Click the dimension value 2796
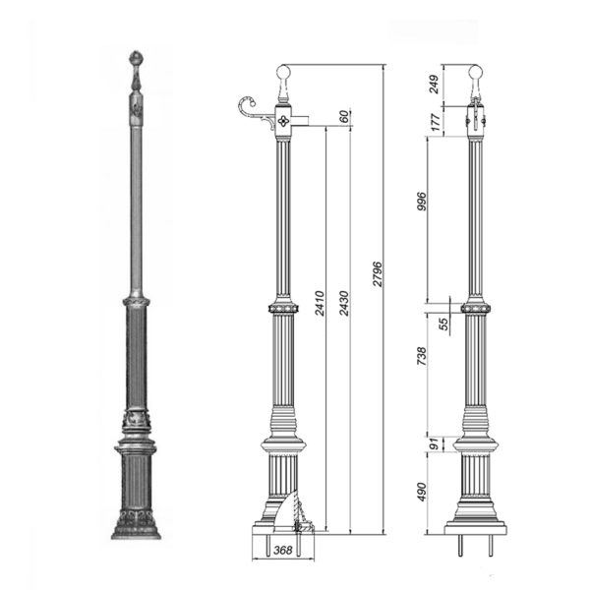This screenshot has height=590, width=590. point(378,274)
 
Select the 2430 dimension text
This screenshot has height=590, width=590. point(344,303)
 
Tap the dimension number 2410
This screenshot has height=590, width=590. point(320,303)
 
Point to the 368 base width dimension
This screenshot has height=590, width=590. point(282,550)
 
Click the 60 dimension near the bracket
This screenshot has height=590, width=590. point(344,117)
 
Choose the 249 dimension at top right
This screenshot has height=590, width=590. point(434,84)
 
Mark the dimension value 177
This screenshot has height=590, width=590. point(436,122)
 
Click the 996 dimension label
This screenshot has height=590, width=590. point(423,202)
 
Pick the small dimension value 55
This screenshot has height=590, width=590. point(444,324)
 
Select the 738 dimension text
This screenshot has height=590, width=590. point(422,356)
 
